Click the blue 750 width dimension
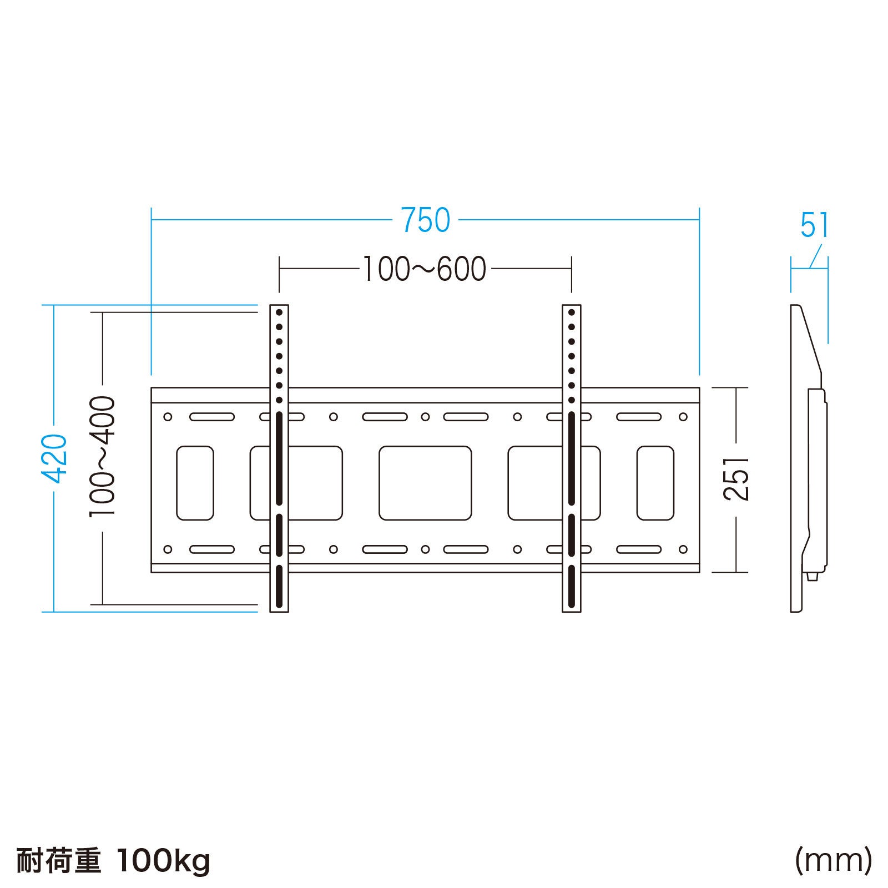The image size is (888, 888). [425, 220]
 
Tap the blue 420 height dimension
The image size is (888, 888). [56, 458]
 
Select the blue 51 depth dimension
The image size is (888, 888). [814, 225]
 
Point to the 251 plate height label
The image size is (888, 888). [737, 480]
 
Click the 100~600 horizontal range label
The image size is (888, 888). [425, 269]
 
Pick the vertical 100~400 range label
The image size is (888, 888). [103, 457]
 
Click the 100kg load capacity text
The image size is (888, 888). [164, 861]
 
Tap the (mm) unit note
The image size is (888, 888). [833, 860]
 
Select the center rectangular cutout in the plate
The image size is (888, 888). [425, 483]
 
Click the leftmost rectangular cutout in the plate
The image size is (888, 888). [195, 483]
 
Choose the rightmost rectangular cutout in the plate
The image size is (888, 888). [655, 483]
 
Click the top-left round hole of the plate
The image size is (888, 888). [168, 417]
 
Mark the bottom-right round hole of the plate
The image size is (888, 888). [683, 549]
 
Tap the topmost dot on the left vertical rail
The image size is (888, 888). [279, 313]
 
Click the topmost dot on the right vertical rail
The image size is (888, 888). [571, 313]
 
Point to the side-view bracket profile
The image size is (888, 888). [808, 458]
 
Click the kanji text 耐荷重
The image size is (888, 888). [58, 861]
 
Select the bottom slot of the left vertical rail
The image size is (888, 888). [279, 587]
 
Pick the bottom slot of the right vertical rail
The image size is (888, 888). [571, 587]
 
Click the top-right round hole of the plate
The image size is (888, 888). [683, 417]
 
